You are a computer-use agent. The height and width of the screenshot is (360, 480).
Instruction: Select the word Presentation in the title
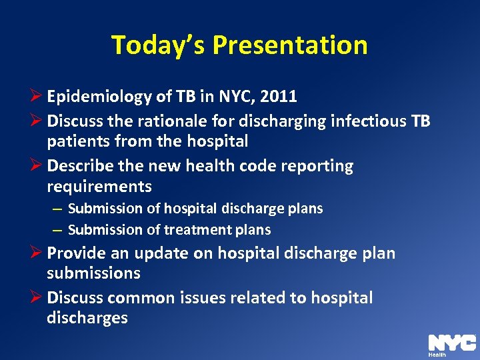[290, 45]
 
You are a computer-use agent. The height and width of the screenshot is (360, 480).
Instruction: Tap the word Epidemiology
[99, 97]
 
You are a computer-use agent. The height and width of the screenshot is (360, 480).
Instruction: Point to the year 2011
[279, 97]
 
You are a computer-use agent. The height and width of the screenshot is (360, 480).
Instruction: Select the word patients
[77, 141]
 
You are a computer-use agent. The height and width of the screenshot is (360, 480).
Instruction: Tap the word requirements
[99, 186]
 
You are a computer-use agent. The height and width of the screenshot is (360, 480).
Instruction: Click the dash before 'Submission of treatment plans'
[58, 230]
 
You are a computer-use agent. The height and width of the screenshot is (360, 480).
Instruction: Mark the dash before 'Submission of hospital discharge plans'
[58, 209]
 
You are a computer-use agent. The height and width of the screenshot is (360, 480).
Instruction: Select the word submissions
[93, 273]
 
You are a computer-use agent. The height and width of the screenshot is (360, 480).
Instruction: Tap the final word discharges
[87, 318]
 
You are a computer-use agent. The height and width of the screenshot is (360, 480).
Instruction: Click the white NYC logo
[451, 343]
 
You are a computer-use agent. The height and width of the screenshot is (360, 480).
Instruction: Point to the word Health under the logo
[437, 355]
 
